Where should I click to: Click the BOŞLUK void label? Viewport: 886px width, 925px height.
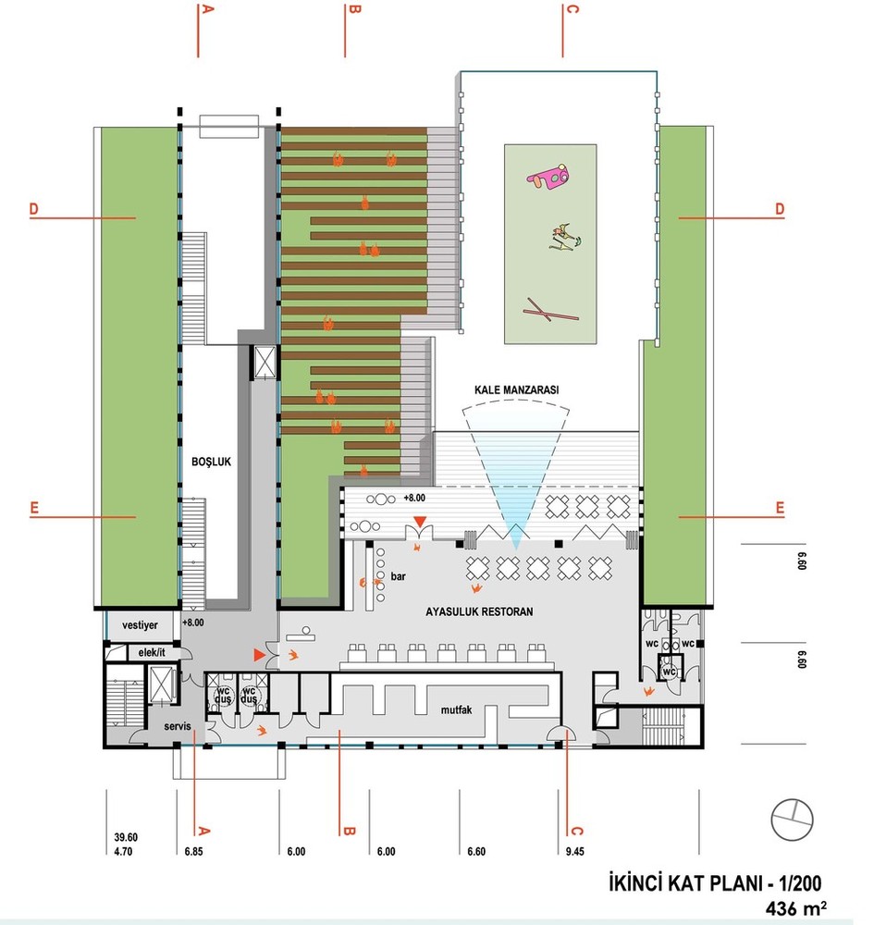click(x=211, y=462)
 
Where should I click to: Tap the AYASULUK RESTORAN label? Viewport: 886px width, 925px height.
click(x=479, y=611)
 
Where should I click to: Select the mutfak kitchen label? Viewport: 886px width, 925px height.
click(x=456, y=709)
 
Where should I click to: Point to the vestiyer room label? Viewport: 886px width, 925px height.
click(x=140, y=625)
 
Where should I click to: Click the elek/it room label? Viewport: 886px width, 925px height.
click(x=152, y=652)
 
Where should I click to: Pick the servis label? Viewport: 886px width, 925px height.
click(x=178, y=726)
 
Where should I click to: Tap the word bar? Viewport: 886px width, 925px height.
click(x=399, y=576)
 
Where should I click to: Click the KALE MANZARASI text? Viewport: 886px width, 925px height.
click(x=516, y=390)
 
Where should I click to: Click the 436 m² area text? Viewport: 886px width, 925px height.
click(x=795, y=908)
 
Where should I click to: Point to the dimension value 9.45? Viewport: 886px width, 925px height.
click(x=574, y=851)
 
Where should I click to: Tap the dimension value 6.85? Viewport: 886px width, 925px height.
click(x=193, y=851)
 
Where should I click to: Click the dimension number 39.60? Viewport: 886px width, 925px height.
click(x=126, y=838)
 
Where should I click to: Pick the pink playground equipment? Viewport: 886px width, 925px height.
click(x=549, y=177)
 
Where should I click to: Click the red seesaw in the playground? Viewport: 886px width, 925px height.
click(x=551, y=310)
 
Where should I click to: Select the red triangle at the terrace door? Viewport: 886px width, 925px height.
click(x=419, y=522)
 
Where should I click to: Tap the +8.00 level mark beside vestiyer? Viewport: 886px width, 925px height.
click(x=193, y=623)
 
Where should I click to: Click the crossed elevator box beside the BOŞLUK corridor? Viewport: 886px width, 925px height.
click(x=265, y=362)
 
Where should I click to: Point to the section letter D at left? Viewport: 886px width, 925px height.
click(x=34, y=209)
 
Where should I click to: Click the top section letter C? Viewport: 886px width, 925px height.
click(x=572, y=9)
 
